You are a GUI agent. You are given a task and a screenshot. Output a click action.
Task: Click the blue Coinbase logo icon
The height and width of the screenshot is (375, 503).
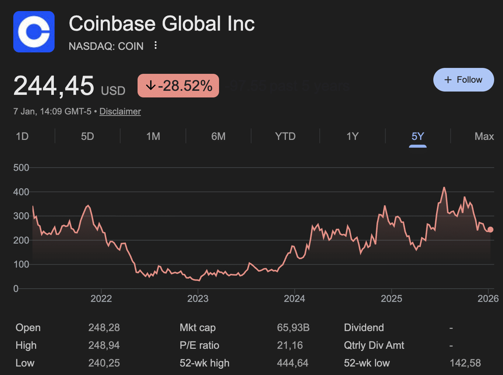pos(34,32)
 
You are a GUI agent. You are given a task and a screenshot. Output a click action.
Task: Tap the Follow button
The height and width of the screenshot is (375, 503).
pos(463,80)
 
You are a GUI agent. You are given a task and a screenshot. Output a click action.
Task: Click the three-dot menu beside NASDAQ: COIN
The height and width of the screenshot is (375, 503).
pos(156,45)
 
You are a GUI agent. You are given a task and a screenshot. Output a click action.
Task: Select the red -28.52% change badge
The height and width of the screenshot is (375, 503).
pos(178,86)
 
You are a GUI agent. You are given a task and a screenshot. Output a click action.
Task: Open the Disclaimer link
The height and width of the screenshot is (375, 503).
pos(120,111)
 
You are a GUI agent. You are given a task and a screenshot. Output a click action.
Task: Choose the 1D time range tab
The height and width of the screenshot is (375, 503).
pos(22,137)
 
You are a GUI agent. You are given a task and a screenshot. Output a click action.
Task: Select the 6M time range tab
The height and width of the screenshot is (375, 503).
pos(218,137)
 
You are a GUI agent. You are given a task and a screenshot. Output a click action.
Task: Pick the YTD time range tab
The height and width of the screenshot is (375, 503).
pos(285,137)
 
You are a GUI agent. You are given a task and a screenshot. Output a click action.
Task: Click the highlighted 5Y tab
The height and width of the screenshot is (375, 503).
pos(417,137)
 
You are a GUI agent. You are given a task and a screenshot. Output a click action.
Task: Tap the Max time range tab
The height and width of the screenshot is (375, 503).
pos(484,137)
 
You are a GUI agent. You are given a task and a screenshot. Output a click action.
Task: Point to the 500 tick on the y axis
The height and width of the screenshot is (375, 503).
pos(21,168)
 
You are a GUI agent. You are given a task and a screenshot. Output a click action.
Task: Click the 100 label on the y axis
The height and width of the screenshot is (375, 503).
pos(21,264)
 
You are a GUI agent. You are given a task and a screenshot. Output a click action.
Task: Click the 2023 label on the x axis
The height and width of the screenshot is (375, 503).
pos(198,299)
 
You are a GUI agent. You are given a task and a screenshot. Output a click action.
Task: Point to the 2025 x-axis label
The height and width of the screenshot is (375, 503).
pos(391,299)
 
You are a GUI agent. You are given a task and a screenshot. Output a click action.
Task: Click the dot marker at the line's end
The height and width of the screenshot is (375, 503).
pos(490,230)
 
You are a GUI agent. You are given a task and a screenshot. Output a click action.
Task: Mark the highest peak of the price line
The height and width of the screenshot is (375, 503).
pos(444,188)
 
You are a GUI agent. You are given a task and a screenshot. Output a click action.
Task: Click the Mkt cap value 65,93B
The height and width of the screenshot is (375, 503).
pos(293,328)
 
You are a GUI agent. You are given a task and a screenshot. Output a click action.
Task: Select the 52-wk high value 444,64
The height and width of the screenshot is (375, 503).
pos(292,363)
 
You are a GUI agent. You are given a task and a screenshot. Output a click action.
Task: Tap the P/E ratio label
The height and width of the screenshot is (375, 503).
pos(199,345)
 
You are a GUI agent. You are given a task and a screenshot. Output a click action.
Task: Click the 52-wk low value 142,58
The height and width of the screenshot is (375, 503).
pos(465,363)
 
